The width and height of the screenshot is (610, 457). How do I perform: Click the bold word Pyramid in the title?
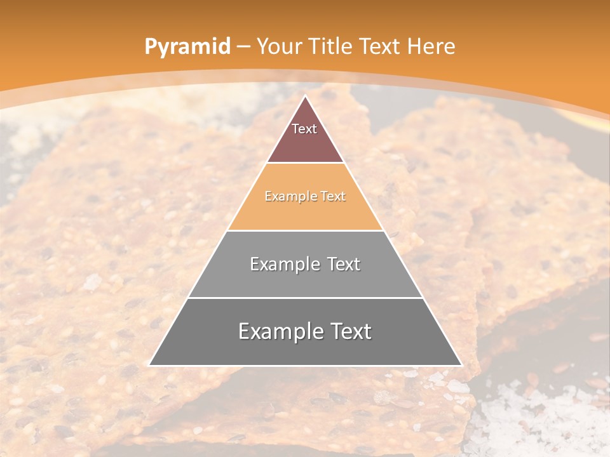pyautogui.click(x=187, y=47)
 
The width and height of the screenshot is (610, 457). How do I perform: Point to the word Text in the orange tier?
pyautogui.click(x=334, y=197)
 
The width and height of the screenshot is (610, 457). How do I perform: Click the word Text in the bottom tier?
pyautogui.click(x=349, y=331)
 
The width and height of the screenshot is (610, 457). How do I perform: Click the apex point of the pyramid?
pyautogui.click(x=305, y=96)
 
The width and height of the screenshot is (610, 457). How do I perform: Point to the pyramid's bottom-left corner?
pyautogui.click(x=150, y=365)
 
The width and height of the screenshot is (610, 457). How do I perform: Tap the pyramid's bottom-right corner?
pyautogui.click(x=461, y=365)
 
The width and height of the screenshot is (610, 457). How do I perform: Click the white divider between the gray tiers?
pyautogui.click(x=305, y=298)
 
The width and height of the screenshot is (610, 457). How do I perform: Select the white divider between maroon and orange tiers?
pyautogui.click(x=305, y=163)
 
